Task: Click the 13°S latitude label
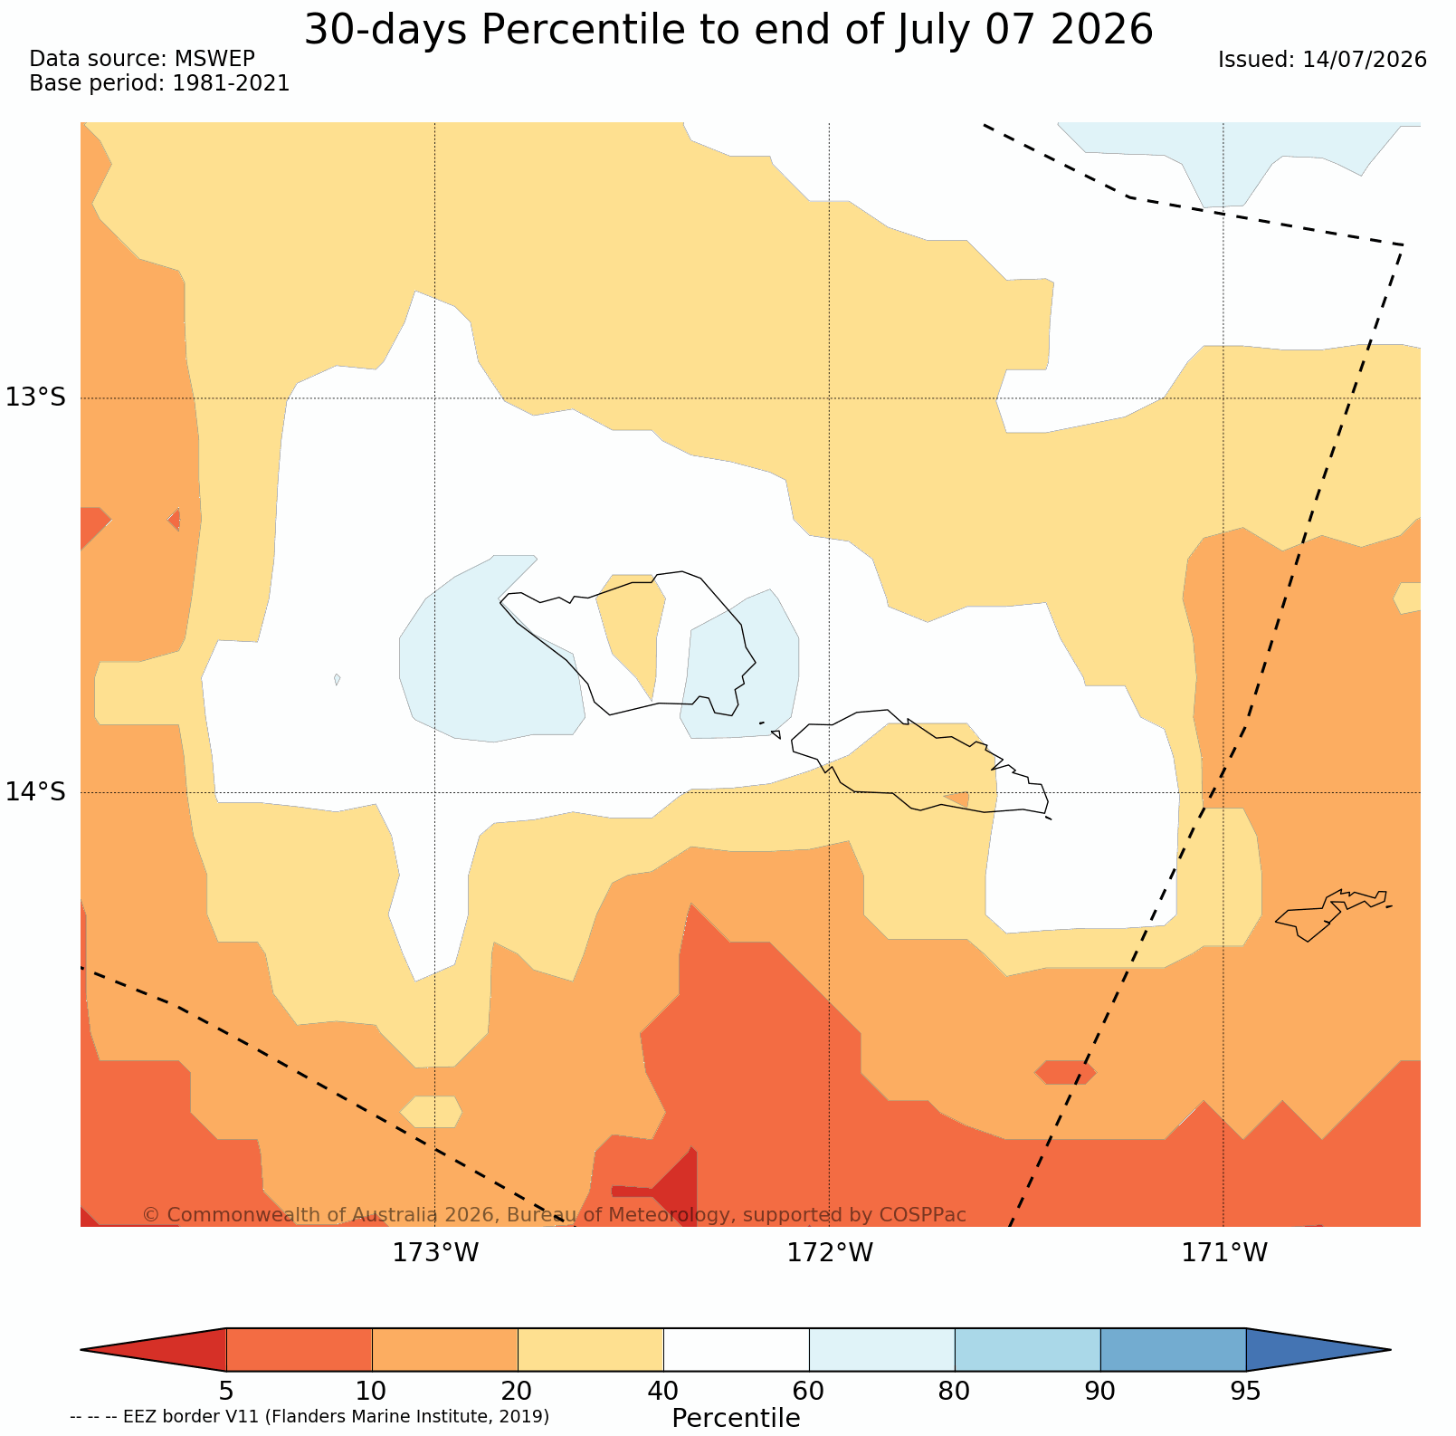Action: click(x=36, y=397)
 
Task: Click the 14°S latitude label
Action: click(x=36, y=792)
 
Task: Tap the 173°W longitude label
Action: click(x=435, y=1253)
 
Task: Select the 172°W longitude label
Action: click(x=830, y=1253)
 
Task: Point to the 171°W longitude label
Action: click(x=1224, y=1253)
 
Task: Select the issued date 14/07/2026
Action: click(x=1364, y=60)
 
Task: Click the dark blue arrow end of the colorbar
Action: click(x=1312, y=1350)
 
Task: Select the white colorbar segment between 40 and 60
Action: click(x=737, y=1350)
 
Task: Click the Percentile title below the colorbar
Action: click(x=736, y=1418)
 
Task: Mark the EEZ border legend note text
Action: click(x=309, y=1416)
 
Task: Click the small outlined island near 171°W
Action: click(x=1330, y=913)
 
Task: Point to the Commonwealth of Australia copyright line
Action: click(x=555, y=1214)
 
